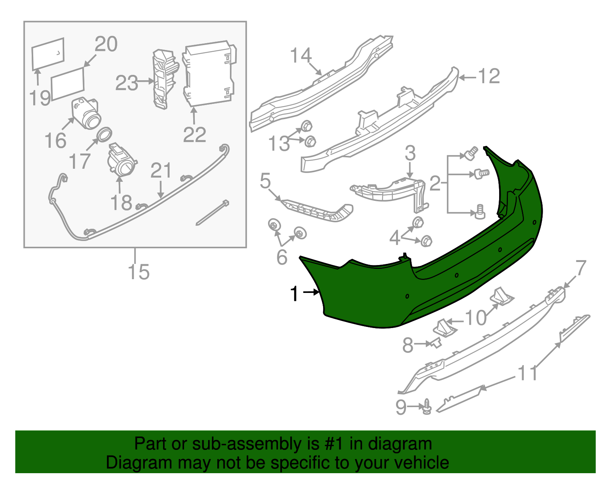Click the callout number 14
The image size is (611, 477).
(301, 56)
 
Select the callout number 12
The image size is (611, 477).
(489, 76)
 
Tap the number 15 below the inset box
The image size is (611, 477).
(138, 272)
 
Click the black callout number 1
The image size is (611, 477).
(294, 294)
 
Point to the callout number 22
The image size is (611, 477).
(194, 135)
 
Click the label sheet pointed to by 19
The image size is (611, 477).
(48, 53)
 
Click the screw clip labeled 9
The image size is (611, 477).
(427, 407)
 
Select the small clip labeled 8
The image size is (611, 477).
(436, 343)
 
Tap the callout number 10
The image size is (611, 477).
(476, 318)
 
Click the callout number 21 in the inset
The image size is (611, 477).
(161, 171)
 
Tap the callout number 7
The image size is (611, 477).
(580, 268)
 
